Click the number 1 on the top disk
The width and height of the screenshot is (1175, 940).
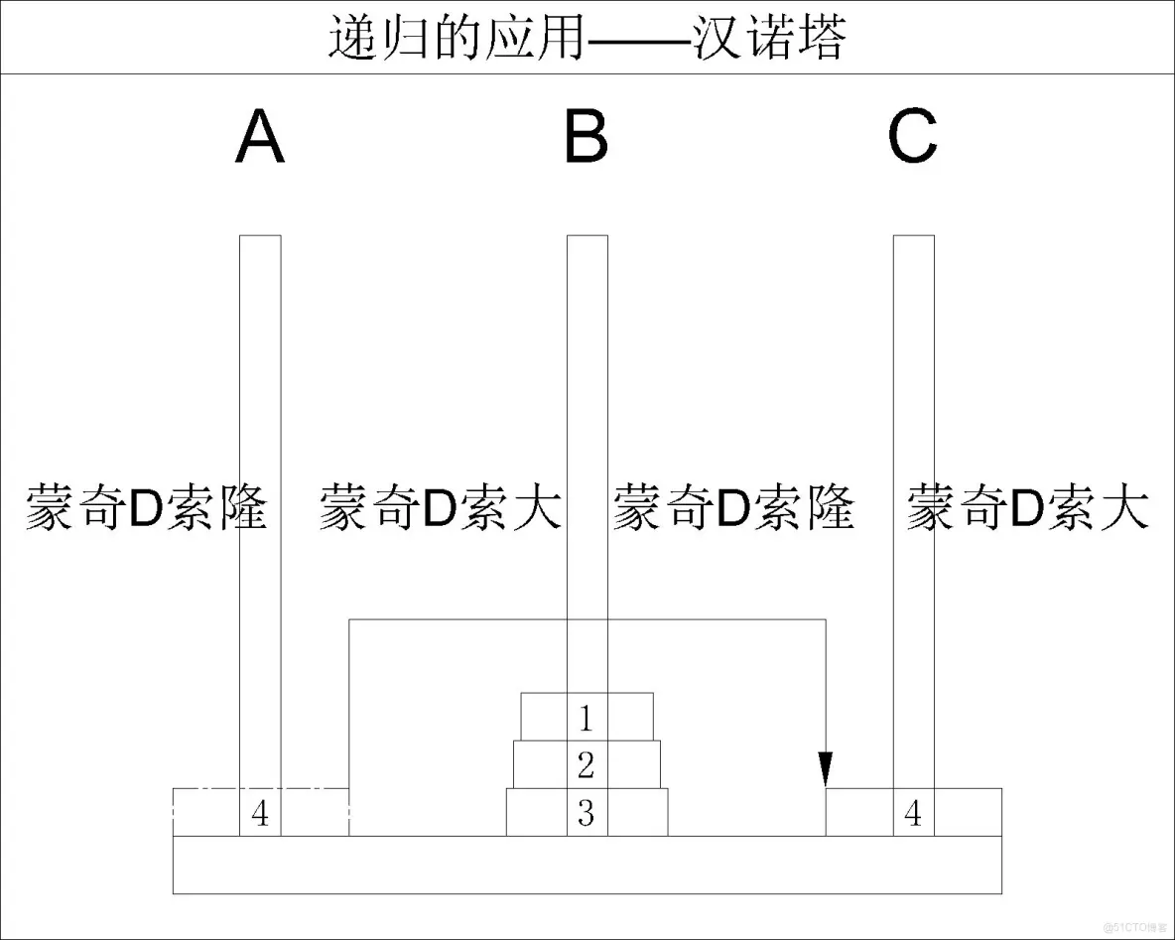(587, 717)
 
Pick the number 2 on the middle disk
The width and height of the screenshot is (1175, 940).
(587, 764)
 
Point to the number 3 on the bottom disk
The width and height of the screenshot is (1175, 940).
(587, 813)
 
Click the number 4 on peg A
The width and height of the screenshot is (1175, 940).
(260, 814)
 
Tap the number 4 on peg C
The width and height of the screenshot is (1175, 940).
(913, 814)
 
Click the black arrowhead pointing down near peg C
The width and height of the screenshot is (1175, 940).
(826, 769)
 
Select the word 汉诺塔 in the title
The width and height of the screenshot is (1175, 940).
(769, 39)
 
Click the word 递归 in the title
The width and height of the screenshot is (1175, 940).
(369, 39)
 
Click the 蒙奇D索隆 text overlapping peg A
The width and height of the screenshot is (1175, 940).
(147, 507)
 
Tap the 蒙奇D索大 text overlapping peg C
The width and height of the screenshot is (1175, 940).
(1028, 507)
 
